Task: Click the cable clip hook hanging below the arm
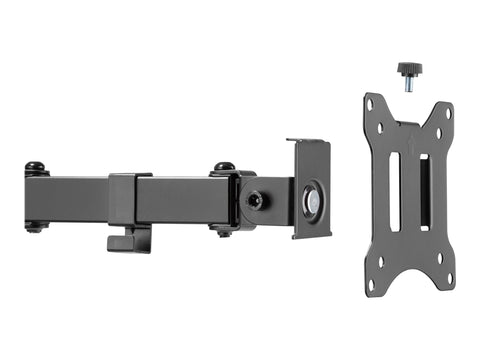coord(129,239)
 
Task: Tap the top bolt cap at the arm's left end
coord(36,167)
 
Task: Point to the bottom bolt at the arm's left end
coord(36,228)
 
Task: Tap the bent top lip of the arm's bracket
coord(308,142)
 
